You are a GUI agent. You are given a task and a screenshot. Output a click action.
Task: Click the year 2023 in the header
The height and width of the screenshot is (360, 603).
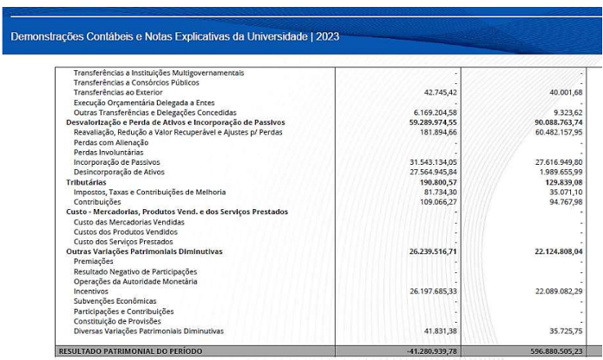point(328,36)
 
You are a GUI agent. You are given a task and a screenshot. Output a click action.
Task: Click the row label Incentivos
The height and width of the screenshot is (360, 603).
point(92,291)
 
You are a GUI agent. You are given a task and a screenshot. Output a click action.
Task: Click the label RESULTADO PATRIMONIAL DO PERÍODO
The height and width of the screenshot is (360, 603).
point(130,351)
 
